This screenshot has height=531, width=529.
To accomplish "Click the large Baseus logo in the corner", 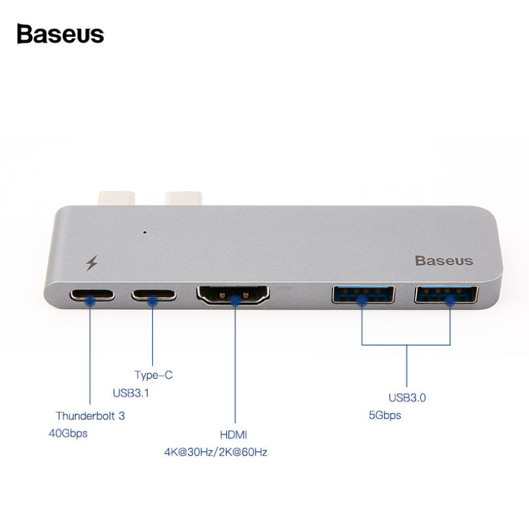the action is pos(60,34).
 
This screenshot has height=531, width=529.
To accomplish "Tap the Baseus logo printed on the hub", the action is pos(444,261).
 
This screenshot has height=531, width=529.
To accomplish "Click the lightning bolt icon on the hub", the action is pos(92,263).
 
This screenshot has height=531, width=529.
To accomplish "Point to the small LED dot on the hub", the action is pos(145,233).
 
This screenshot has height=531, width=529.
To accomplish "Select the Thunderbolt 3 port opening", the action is pos(92,295).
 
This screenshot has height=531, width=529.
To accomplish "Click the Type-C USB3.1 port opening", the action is pos(154,295).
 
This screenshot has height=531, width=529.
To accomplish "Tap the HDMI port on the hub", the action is pos(233,295).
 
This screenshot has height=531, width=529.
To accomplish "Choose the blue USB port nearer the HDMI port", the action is pos(363,294).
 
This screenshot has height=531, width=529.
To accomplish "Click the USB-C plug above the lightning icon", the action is pos(117,198).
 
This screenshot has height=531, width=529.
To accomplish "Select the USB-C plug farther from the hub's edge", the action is pos(184,198).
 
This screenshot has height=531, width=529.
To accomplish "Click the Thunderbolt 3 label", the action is pos(91,416).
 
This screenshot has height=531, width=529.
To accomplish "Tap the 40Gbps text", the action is pos(68,434).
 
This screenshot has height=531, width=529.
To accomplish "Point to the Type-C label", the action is pos(154,375).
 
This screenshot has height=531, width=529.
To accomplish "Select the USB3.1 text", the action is pos(131,393).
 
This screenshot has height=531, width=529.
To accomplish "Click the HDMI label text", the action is pos(234,435).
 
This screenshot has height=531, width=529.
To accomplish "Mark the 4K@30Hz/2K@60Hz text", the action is pos(216,452).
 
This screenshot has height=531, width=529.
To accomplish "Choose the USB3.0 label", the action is pos(407,398).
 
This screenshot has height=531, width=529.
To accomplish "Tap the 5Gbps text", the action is pos(385,415).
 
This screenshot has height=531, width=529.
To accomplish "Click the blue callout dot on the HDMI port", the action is pos(235,301).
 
